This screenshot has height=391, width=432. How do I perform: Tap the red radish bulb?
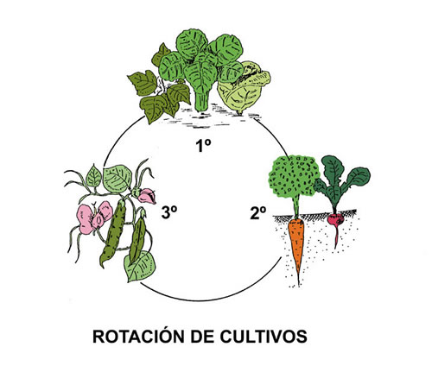coord(336,219)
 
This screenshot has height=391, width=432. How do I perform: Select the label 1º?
coord(203,145)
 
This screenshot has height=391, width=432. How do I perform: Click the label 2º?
coord(258,213)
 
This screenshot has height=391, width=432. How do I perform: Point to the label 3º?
coord(169,213)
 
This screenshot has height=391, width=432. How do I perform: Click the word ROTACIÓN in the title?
coord(138,336)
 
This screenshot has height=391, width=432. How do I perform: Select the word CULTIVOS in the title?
coord(264,337)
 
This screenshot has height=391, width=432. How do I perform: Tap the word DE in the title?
coord(202,337)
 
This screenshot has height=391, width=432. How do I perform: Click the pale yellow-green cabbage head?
coord(244,88)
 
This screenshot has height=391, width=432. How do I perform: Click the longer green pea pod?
coord(113,233)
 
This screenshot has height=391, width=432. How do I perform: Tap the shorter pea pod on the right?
coord(137,240)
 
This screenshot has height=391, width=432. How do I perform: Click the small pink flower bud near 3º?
coord(146,196)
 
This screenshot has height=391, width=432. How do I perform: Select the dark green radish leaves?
coord(341,181)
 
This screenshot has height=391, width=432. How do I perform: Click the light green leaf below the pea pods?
coord(140,266)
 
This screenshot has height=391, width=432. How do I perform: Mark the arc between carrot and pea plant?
coord(210,300)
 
